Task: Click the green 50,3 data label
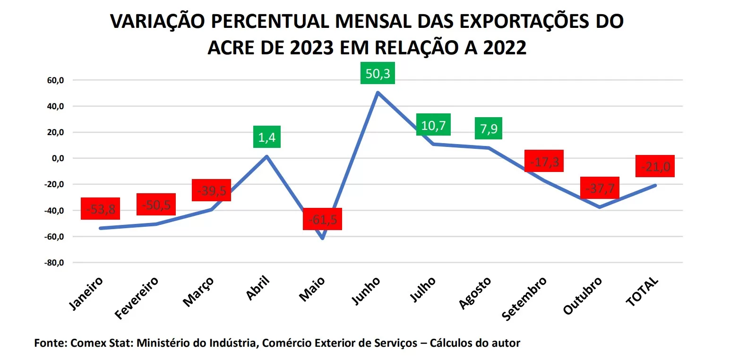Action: point(378,74)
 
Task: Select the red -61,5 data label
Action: point(322,219)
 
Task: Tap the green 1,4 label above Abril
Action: point(266,137)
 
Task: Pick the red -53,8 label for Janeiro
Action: point(100,209)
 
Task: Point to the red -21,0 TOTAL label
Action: point(655,166)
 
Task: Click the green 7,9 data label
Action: point(488,129)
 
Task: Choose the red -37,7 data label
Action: point(600,188)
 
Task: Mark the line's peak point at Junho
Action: point(378,93)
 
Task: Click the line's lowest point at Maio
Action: point(322,238)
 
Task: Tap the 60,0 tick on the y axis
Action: point(55,80)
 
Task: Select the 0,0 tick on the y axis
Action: point(58,158)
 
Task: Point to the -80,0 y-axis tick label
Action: point(54,263)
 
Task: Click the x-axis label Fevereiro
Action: point(137,299)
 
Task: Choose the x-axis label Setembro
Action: point(524,299)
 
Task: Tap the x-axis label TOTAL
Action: point(642,292)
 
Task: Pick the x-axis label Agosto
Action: point(475,294)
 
